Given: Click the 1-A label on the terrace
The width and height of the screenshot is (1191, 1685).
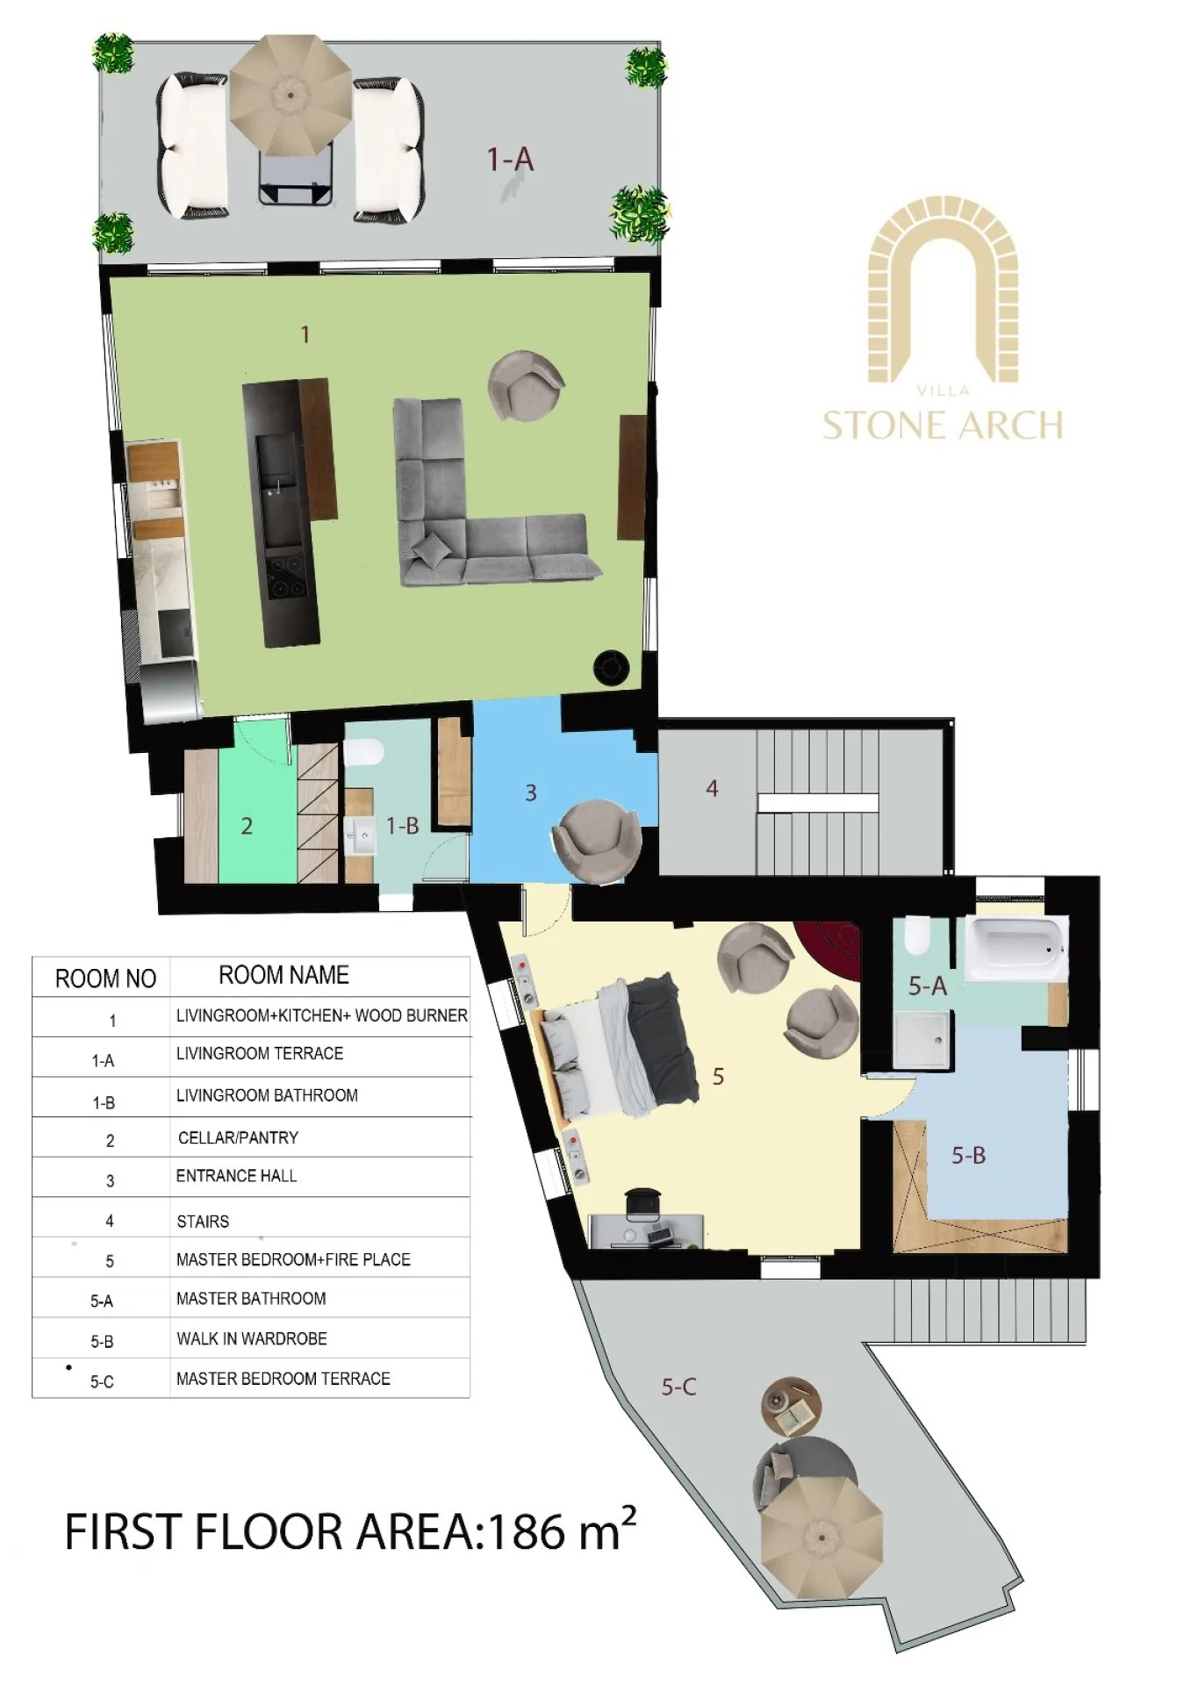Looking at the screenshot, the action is point(510,159).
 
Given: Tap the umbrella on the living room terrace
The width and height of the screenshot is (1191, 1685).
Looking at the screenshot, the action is point(290,90).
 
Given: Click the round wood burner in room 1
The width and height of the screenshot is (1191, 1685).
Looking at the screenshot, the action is point(612,668).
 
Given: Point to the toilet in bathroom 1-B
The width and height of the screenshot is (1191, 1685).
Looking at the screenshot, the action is point(364,753).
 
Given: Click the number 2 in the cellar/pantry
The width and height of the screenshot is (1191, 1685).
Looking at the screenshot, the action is point(247,826).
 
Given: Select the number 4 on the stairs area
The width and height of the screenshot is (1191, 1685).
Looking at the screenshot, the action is point(712,789).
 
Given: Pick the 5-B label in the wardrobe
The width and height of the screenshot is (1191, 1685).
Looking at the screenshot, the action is point(969,1155).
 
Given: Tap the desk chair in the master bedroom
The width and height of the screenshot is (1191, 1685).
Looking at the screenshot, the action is point(643,1201).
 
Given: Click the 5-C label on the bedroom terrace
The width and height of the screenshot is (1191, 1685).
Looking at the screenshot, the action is point(679,1387).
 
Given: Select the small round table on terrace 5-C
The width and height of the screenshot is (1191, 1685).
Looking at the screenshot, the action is point(792,1406).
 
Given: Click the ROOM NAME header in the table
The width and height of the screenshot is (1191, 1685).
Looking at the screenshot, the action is point(283,975).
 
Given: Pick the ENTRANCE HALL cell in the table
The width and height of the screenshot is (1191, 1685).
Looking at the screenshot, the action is point(236,1176).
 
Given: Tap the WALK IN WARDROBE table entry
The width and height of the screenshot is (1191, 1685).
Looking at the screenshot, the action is point(252,1338).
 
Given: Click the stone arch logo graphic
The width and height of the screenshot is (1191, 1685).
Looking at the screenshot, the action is point(943,290).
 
